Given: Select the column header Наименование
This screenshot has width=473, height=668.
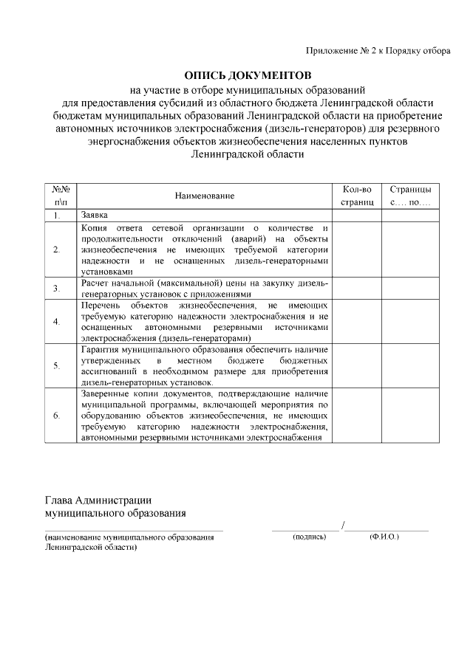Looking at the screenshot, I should click(x=205, y=196).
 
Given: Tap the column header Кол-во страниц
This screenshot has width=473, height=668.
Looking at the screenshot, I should click(x=357, y=196).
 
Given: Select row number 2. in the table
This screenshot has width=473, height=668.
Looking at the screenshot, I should click(x=57, y=249).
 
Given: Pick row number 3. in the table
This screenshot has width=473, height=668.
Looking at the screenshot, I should click(x=57, y=288).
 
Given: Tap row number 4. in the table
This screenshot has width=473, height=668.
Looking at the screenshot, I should click(x=57, y=321).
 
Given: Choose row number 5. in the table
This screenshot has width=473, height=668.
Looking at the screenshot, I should click(x=57, y=365).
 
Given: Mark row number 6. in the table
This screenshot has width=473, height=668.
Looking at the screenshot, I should click(x=57, y=416).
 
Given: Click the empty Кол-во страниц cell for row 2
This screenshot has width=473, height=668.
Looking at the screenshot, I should click(x=357, y=249).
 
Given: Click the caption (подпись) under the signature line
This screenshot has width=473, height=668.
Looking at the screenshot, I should click(x=309, y=537).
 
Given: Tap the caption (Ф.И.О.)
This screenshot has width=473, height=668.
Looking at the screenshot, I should click(x=384, y=537).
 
